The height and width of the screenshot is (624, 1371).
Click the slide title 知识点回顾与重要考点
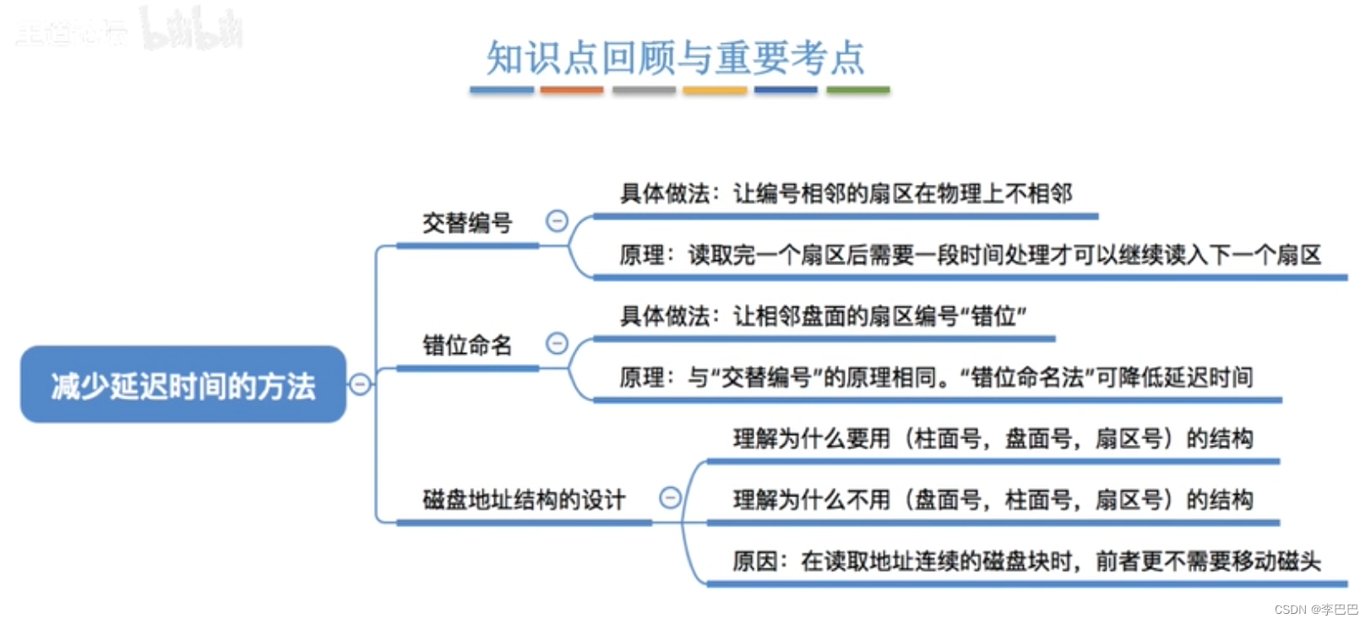coord(675,58)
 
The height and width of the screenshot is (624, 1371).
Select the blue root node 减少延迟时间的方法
coord(183,385)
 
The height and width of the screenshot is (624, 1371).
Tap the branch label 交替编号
coord(467,223)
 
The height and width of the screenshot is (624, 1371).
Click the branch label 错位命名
coord(467,345)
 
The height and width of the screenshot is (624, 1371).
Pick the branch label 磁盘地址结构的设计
coord(524,500)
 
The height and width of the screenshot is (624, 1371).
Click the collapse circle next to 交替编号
coord(557,221)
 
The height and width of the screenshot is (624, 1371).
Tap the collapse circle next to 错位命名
coord(557,343)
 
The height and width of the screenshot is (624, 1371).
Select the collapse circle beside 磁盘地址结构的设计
coord(670,498)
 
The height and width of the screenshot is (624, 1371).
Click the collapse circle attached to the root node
coord(360,384)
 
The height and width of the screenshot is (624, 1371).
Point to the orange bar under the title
coord(572,90)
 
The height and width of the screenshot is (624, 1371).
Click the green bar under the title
coord(857,90)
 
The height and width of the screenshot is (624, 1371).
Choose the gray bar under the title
coord(644,90)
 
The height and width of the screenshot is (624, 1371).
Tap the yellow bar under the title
coord(715,90)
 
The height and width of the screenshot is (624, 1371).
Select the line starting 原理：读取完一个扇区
coord(970,255)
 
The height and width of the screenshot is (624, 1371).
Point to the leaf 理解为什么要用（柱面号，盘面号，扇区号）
coord(993,439)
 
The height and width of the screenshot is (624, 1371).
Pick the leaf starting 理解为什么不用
coord(993,500)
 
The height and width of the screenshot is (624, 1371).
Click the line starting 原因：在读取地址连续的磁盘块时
coord(1026,562)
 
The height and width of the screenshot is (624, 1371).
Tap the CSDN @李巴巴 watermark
coord(1316,610)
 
